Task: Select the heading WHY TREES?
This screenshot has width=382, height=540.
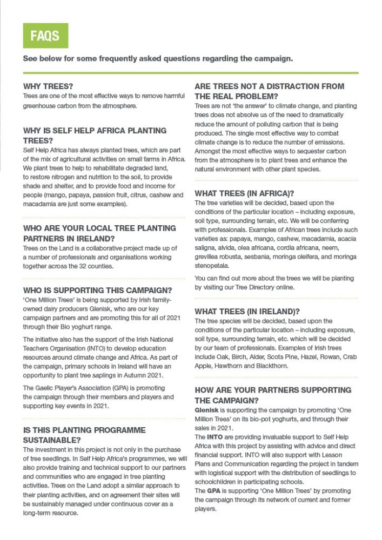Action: pos(49,86)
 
